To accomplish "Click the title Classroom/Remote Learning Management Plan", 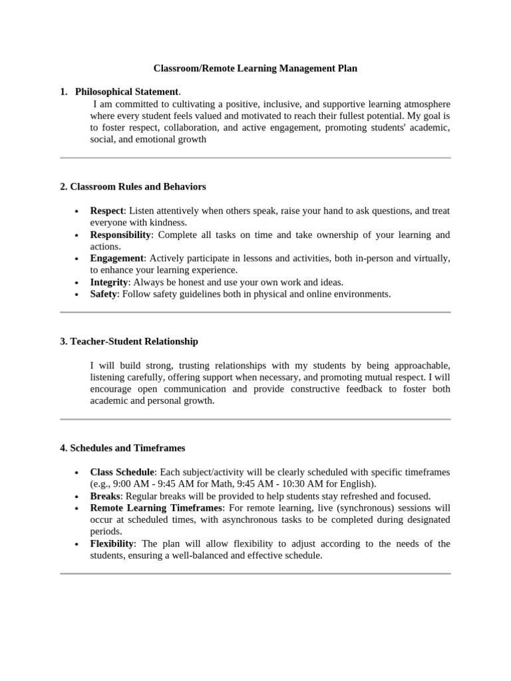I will click(255, 68).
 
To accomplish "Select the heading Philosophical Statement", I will click(126, 92).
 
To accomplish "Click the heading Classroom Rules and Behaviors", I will click(133, 187).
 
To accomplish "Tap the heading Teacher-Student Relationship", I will click(129, 341).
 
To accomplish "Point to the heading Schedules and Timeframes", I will click(122, 448).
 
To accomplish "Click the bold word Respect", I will click(107, 211).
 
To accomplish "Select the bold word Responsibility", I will click(121, 235).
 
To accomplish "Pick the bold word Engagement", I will click(117, 258).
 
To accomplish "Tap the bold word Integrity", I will click(109, 282).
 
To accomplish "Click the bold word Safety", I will click(104, 294).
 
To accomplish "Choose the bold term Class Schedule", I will click(122, 472).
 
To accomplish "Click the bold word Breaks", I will click(105, 496).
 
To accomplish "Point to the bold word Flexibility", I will click(112, 544).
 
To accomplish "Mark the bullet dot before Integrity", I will click(77, 283).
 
